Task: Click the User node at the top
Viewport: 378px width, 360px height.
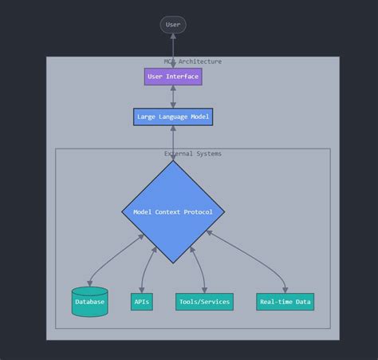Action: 173,25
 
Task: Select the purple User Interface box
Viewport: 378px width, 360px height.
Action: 173,77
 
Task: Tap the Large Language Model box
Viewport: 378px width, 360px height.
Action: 173,117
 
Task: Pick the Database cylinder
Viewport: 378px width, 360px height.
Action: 89,302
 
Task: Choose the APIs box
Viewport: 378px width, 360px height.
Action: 142,302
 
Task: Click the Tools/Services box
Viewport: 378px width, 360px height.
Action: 204,302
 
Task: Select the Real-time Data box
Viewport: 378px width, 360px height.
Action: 285,302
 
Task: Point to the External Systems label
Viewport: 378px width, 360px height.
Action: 193,153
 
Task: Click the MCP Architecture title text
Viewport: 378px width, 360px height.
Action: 193,61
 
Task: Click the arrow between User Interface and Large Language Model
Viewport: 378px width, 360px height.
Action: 173,97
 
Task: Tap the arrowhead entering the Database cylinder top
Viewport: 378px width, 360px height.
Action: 90,284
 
